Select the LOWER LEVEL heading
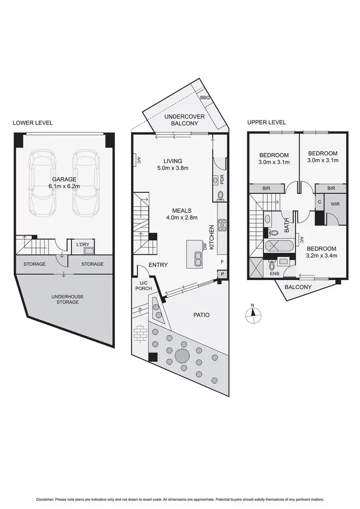pyautogui.click(x=33, y=123)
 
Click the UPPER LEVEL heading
pyautogui.click(x=266, y=122)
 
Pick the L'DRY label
pyautogui.click(x=84, y=245)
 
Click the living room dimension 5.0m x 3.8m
pyautogui.click(x=172, y=168)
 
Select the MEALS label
pyautogui.click(x=182, y=211)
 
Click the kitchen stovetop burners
pyautogui.click(x=222, y=225)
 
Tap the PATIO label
pyautogui.click(x=202, y=315)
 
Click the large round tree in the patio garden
pyautogui.click(x=182, y=356)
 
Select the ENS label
pyautogui.click(x=275, y=274)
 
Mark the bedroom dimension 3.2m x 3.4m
pyautogui.click(x=322, y=256)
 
